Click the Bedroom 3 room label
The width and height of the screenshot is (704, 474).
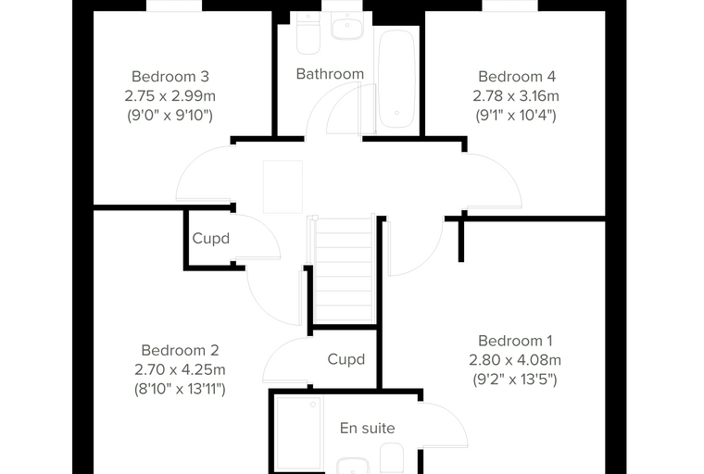170,77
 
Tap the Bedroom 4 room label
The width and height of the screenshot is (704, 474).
517,77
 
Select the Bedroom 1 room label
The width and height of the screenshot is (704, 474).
515,341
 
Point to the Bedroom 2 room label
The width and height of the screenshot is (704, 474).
180,350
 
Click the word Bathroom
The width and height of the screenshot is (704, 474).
330,74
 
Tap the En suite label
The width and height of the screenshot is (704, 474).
367,429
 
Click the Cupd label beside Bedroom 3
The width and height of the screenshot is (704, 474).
210,238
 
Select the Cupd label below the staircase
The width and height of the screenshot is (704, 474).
346,359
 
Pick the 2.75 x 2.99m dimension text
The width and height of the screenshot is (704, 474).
170,96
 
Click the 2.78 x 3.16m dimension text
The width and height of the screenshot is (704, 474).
516,96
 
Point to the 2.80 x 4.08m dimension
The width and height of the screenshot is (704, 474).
515,360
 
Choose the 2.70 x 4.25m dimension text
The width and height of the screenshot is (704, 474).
180,370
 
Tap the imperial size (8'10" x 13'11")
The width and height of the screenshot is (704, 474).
180,389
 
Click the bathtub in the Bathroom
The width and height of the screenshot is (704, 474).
396,79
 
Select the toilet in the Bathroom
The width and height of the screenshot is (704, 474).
308,32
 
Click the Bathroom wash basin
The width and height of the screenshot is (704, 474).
346,25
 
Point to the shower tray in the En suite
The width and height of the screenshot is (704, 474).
298,434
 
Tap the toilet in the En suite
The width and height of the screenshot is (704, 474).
392,458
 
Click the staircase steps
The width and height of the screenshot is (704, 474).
344,268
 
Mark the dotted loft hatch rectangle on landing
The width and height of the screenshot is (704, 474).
283,186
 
